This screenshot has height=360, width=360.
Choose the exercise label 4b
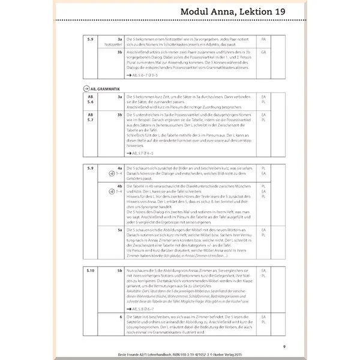[120, 186]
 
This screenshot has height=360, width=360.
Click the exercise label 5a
[120, 230]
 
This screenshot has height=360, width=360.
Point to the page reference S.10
[90, 271]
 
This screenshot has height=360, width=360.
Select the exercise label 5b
[120, 271]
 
